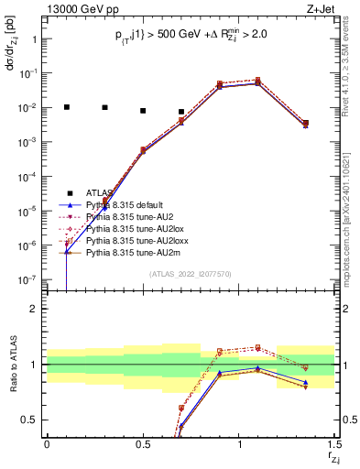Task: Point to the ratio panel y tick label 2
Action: [34, 309]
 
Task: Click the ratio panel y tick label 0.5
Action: [29, 420]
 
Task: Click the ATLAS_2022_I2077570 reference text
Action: [191, 273]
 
